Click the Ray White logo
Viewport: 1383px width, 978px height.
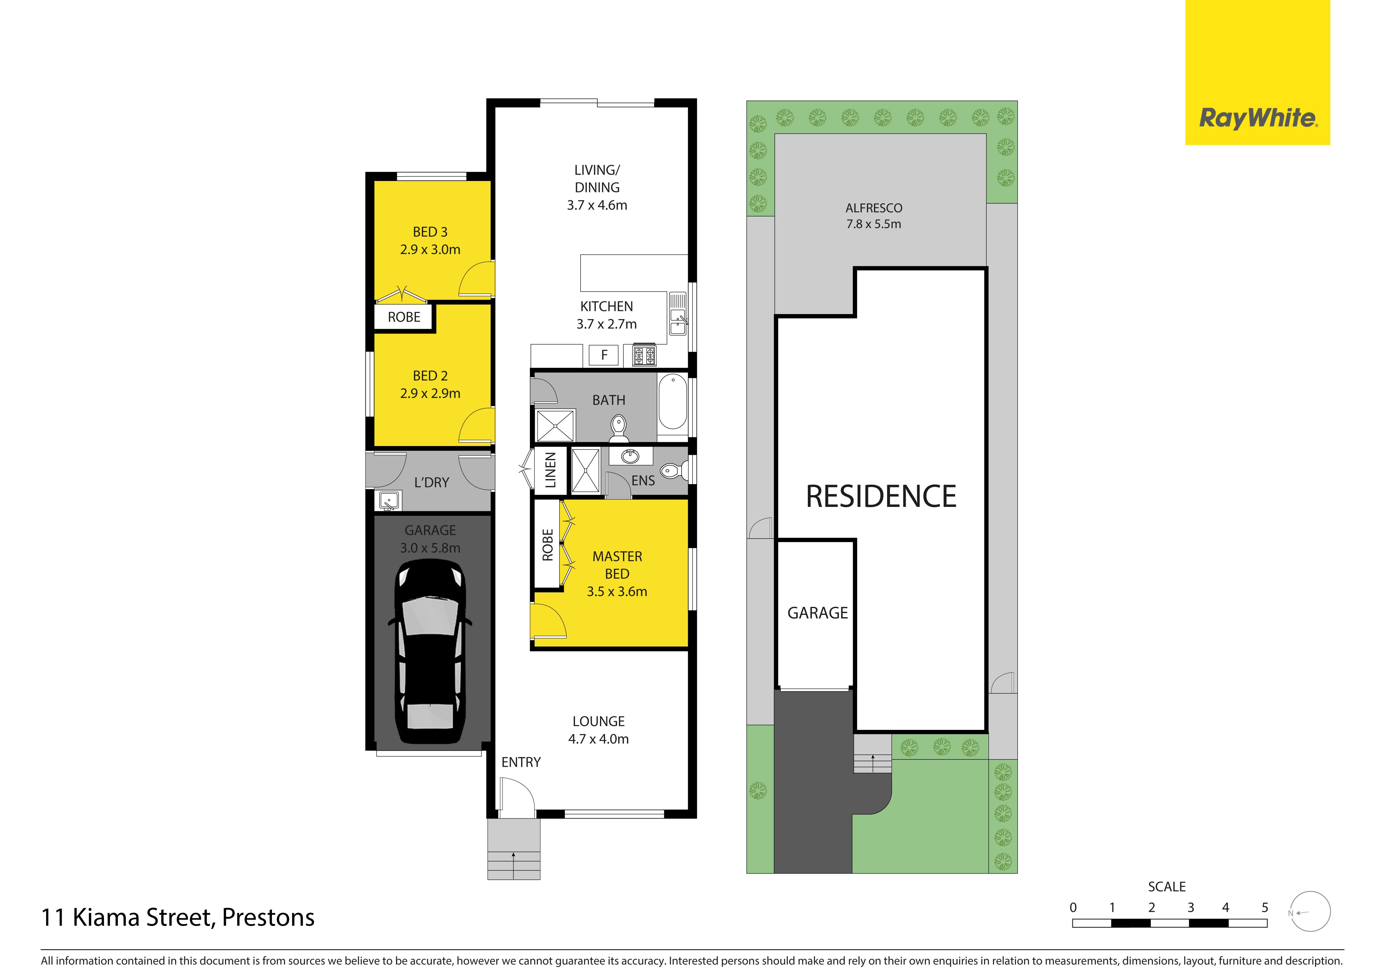[1258, 72]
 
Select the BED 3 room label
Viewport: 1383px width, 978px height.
[430, 232]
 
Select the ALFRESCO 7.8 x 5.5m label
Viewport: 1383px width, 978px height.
[874, 216]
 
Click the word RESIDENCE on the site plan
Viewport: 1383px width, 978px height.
[881, 497]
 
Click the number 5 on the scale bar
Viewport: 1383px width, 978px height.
[1265, 908]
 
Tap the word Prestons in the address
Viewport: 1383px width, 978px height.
[268, 918]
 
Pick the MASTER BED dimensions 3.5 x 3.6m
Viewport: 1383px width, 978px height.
[617, 592]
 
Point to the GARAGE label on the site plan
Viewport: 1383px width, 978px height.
[817, 613]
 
